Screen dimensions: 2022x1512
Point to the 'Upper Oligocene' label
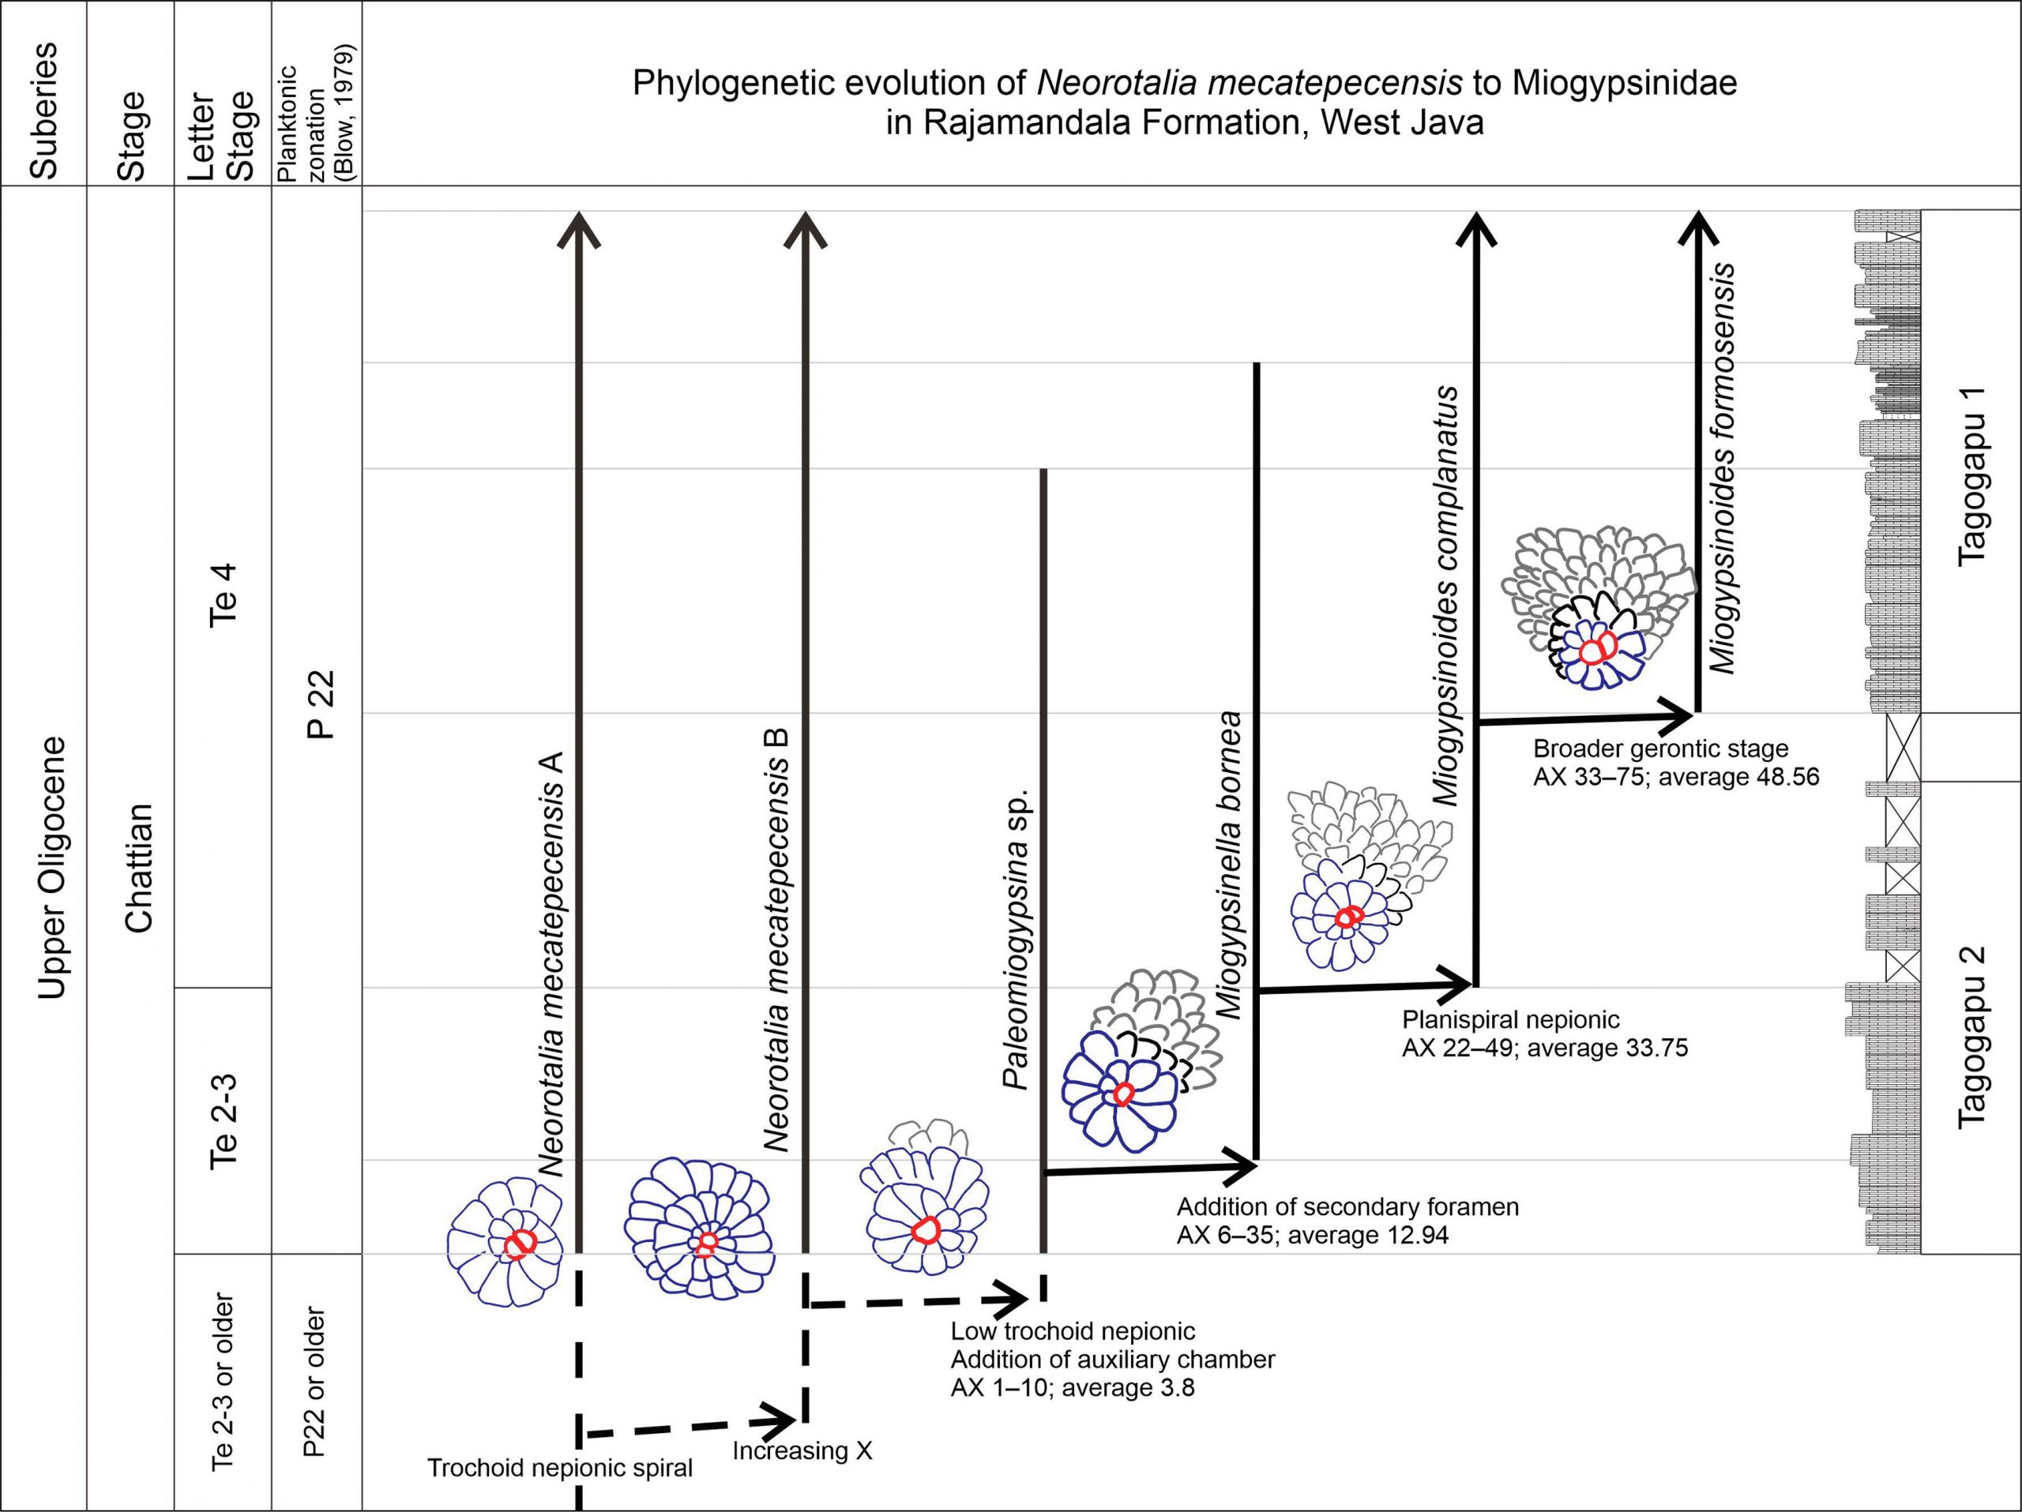coord(52,868)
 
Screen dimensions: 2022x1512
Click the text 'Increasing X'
coord(802,1450)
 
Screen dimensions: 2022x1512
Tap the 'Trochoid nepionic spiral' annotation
coord(559,1468)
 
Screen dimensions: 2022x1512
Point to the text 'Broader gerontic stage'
coord(1661,749)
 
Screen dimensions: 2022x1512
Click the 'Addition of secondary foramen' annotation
coord(1348,1207)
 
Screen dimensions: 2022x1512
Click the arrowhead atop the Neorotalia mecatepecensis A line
coord(579,228)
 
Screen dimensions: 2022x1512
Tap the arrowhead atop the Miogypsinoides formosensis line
coord(1697,227)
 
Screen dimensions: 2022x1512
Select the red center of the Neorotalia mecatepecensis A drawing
coord(519,1244)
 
